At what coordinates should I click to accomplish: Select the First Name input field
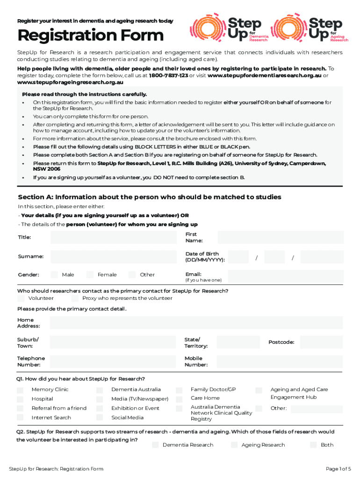coord(281,237)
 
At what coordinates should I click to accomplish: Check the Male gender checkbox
coord(54,275)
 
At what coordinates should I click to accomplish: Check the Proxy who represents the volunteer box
coord(75,298)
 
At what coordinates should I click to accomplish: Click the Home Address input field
coord(196,323)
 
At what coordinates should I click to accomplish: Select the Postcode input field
coord(321,342)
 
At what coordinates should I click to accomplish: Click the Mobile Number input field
coord(281,361)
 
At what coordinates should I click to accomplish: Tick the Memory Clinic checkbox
coord(21,390)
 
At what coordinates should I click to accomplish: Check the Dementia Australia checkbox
coord(100,390)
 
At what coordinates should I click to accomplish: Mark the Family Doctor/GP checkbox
coord(179,390)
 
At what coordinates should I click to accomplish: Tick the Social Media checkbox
coord(100,418)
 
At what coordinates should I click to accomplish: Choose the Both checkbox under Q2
coord(313,444)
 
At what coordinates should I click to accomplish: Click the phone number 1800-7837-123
coord(169,75)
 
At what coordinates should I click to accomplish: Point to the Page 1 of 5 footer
coord(338,469)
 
